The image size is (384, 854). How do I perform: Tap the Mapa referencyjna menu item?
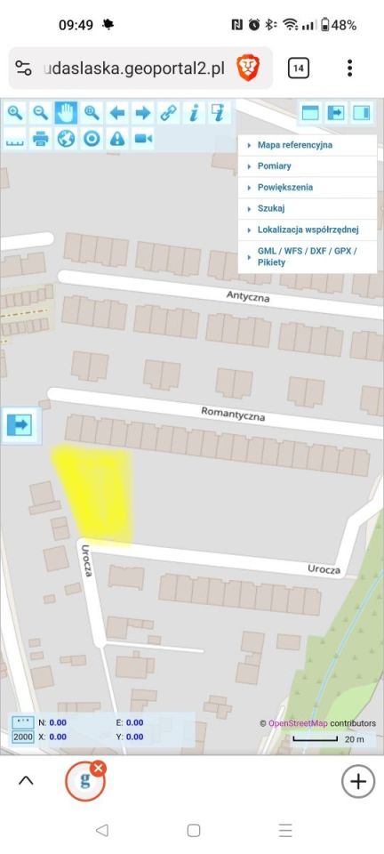(294, 144)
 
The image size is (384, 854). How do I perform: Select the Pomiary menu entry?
(274, 166)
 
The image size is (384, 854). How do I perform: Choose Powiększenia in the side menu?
(284, 188)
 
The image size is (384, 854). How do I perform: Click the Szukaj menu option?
(270, 209)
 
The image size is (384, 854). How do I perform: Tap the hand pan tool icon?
(66, 113)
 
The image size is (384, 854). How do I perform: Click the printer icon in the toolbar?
(40, 139)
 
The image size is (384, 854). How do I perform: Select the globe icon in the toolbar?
(66, 139)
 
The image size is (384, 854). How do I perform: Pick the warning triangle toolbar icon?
(117, 139)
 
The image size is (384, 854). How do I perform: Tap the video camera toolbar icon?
(143, 139)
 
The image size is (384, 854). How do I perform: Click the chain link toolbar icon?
(168, 113)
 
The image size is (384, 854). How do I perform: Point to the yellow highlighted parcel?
(96, 492)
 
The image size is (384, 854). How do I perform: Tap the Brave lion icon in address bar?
(247, 68)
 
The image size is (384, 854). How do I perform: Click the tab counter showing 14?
(299, 68)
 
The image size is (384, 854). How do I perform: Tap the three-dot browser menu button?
(350, 68)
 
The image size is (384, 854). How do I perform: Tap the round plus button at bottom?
(357, 781)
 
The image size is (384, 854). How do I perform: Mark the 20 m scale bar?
(316, 738)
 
